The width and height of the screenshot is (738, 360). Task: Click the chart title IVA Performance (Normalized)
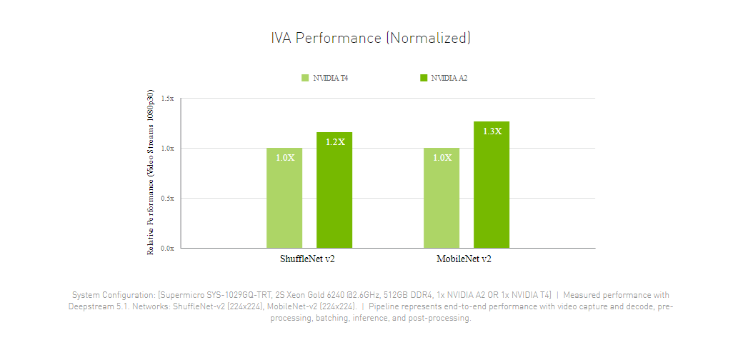tap(370, 38)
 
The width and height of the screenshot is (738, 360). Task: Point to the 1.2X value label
tap(335, 142)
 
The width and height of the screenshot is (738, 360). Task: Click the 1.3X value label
tap(492, 131)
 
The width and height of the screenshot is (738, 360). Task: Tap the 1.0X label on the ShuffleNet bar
tap(285, 157)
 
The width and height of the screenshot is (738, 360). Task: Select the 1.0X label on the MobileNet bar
tap(442, 157)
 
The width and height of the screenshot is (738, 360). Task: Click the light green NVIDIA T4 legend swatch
tap(305, 78)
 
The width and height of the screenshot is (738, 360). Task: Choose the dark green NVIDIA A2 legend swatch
tap(424, 78)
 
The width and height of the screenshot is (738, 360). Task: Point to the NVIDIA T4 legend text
tap(330, 78)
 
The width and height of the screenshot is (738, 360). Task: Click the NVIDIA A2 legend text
tap(449, 78)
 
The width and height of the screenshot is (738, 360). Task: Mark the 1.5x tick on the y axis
tap(167, 99)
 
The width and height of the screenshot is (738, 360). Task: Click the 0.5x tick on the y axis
tap(167, 199)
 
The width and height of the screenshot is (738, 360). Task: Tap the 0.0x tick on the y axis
tap(167, 249)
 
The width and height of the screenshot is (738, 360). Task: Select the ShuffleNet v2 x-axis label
tap(307, 259)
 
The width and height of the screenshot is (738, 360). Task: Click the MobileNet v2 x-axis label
tap(464, 259)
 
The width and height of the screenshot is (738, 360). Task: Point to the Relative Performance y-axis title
tap(151, 173)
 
